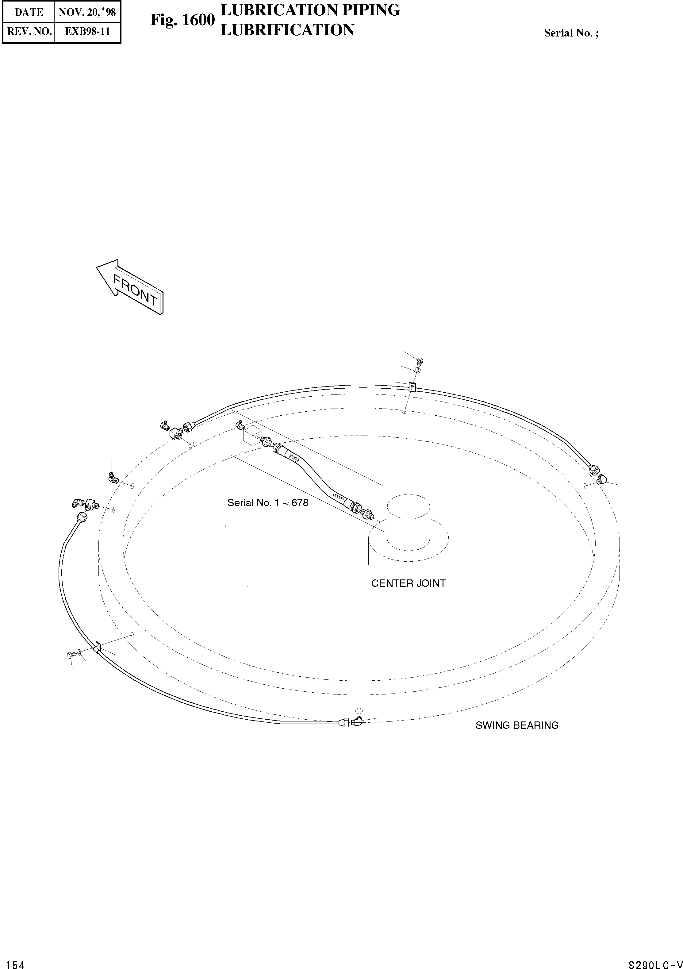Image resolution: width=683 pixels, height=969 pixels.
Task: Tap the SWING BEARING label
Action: click(x=517, y=725)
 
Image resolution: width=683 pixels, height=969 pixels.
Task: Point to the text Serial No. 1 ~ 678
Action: click(x=267, y=503)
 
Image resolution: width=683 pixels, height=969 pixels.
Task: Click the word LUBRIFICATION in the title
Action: click(x=287, y=30)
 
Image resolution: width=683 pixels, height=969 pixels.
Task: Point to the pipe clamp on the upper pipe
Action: click(x=412, y=386)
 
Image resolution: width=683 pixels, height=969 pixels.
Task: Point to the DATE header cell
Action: click(x=29, y=12)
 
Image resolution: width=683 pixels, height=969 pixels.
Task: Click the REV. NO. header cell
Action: click(x=29, y=31)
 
